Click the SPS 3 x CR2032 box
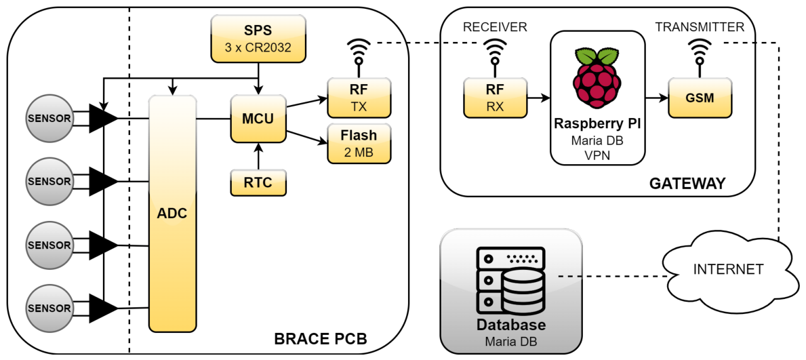(x=258, y=39)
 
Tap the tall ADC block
(x=173, y=214)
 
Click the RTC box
(x=258, y=182)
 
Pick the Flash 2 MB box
(x=359, y=143)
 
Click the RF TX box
(x=359, y=98)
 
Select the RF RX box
(x=495, y=98)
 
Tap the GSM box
(x=700, y=98)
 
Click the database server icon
(x=510, y=282)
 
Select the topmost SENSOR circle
(x=49, y=118)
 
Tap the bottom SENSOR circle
(x=49, y=308)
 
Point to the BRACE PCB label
(x=321, y=340)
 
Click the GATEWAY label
(x=687, y=184)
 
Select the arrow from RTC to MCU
(x=258, y=157)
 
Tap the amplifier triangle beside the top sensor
(x=103, y=118)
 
